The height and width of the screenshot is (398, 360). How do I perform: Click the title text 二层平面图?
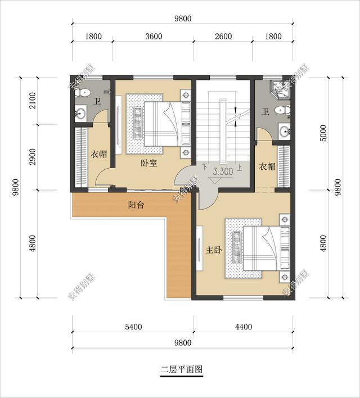(x=181, y=370)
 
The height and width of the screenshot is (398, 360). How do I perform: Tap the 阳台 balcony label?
(x=136, y=205)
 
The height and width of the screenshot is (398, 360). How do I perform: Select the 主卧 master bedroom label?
(x=214, y=250)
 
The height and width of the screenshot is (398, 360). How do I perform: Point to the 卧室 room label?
(x=148, y=164)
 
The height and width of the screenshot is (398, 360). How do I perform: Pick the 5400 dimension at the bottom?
(x=133, y=327)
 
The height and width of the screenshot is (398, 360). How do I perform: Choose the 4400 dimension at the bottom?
(x=244, y=327)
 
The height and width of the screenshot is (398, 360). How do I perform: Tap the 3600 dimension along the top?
(x=154, y=37)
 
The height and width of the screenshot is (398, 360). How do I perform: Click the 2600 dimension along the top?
(x=223, y=37)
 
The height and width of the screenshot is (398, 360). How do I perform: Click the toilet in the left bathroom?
(x=84, y=92)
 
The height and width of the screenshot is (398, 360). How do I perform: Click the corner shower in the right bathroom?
(x=278, y=88)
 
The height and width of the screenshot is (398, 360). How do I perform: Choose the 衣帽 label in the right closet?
(x=267, y=166)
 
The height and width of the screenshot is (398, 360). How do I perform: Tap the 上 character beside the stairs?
(x=240, y=167)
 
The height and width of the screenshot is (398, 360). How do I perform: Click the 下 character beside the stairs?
(x=205, y=167)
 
